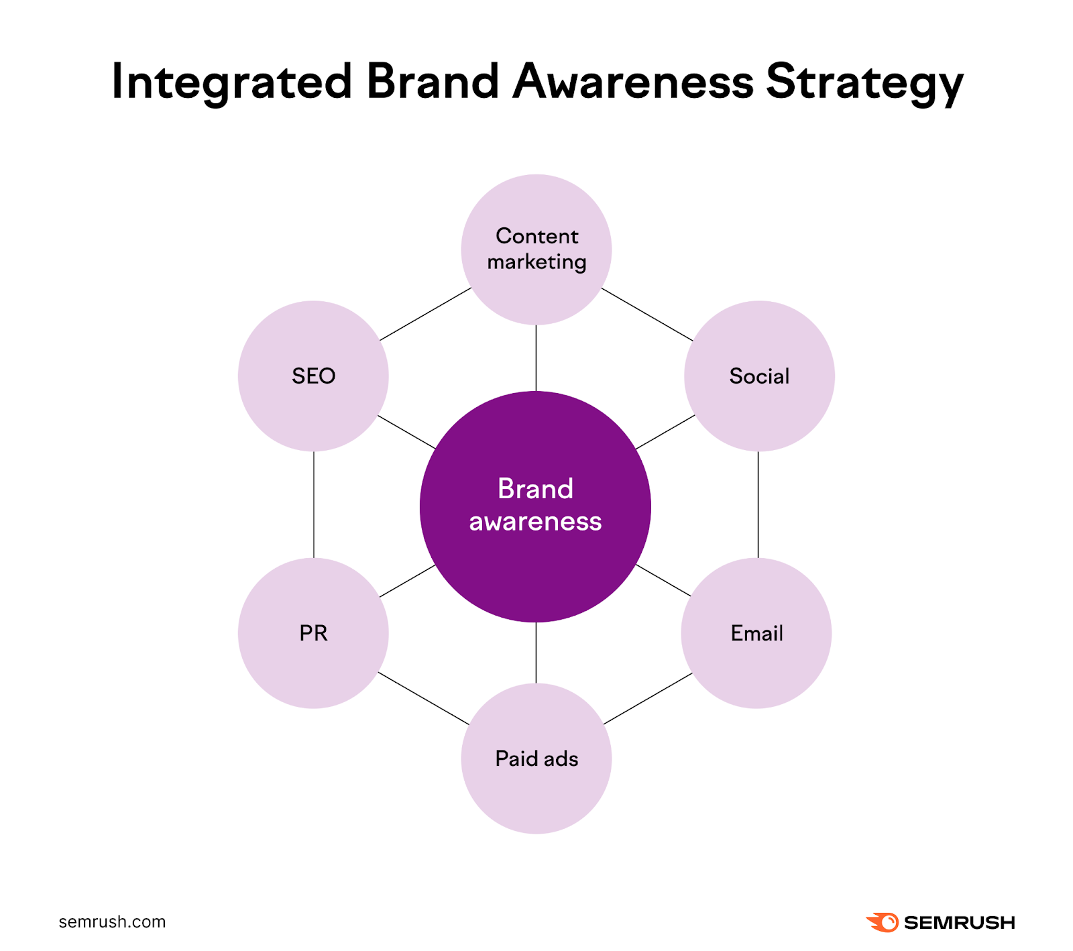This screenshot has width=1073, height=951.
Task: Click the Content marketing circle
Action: (x=536, y=249)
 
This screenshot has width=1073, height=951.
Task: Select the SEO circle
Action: (x=313, y=376)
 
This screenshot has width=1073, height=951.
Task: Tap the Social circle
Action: (x=759, y=376)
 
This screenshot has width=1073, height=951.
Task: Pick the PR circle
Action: (x=313, y=633)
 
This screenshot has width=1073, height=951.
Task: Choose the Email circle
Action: (x=756, y=633)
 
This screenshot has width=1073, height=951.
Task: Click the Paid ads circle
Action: (x=536, y=759)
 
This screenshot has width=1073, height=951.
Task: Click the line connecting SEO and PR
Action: (x=313, y=504)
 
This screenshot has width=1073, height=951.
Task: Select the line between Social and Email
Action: (x=758, y=504)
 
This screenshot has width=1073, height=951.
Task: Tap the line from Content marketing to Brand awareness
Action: (x=536, y=358)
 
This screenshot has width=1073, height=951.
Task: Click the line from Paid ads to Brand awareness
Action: (x=536, y=653)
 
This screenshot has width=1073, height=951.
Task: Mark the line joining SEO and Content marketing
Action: (x=425, y=315)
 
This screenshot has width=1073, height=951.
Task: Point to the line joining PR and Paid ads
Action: (x=424, y=699)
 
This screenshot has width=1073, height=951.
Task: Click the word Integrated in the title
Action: (x=231, y=82)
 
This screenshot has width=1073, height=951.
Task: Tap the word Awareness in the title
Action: (x=633, y=82)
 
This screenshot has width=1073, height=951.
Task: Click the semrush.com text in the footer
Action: (x=112, y=922)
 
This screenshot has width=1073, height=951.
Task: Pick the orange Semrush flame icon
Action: (x=883, y=922)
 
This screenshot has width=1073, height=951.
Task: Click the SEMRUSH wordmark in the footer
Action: (x=959, y=923)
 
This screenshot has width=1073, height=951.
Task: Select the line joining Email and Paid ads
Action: (x=648, y=699)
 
